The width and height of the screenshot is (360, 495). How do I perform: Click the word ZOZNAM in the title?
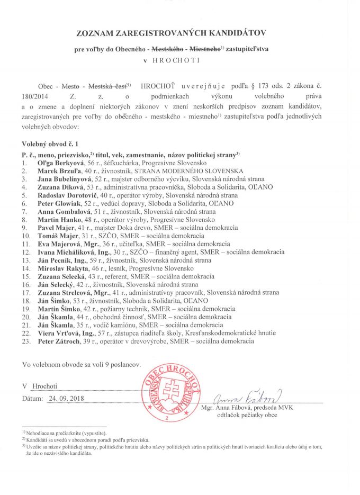96,33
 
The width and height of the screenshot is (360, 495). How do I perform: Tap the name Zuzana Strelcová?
62,292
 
